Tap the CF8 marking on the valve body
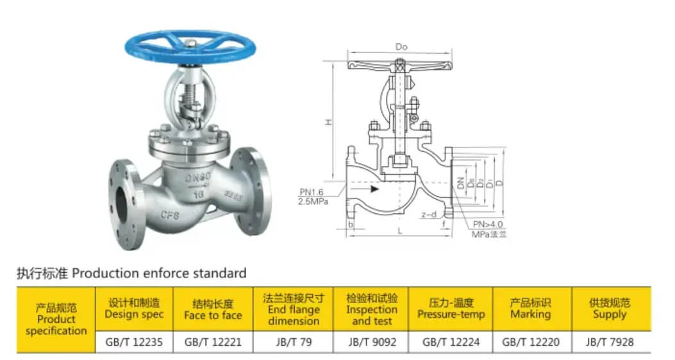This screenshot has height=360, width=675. (170, 215)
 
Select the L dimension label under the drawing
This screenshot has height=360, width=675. (400, 231)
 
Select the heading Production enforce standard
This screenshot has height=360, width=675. (131, 274)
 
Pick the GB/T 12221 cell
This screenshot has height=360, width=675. (213, 342)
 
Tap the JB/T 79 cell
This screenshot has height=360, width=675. (293, 342)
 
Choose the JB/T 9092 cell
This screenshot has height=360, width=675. (372, 342)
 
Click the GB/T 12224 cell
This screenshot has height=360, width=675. (451, 342)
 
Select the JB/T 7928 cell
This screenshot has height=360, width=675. (610, 342)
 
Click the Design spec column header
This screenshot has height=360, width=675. (134, 309)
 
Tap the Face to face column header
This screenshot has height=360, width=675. (213, 309)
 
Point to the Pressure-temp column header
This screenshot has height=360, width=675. (451, 309)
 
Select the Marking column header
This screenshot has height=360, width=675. (530, 309)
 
